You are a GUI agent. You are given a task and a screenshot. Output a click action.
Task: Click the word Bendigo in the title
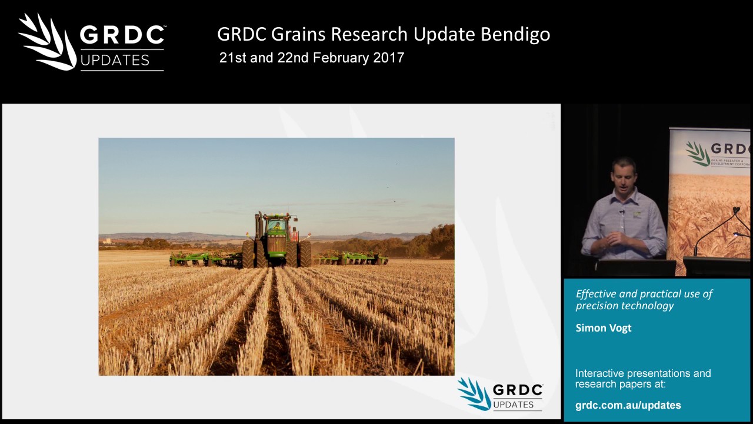(x=515, y=34)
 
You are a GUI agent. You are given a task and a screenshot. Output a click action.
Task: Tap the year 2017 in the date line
(x=388, y=58)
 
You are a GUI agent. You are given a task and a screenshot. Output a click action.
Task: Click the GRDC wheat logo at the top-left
(x=47, y=41)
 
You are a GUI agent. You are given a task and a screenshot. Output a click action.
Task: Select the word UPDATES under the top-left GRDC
(x=115, y=60)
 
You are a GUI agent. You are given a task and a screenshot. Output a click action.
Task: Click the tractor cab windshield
(x=275, y=226)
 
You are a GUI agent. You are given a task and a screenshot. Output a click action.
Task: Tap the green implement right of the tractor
(x=353, y=257)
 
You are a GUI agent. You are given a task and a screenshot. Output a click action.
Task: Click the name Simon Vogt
(x=603, y=328)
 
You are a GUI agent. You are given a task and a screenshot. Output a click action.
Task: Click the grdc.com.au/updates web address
(x=628, y=405)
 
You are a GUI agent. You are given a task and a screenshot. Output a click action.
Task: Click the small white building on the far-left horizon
(x=106, y=241)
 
